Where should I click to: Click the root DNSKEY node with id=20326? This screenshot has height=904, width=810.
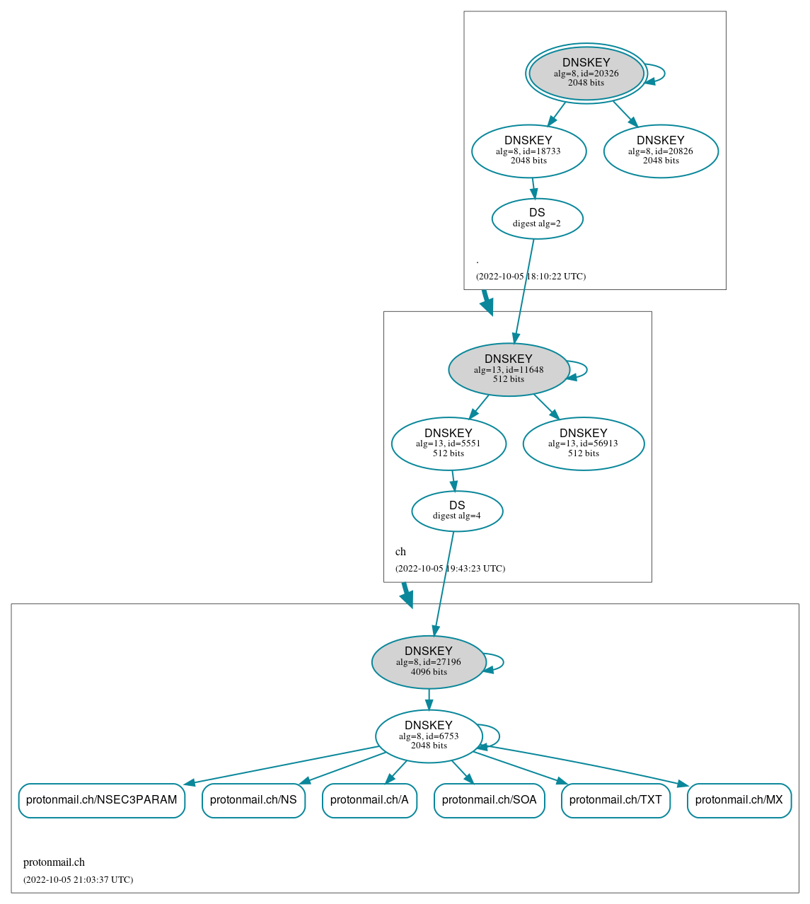click(586, 73)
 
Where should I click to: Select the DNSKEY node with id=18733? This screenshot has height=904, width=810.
click(528, 151)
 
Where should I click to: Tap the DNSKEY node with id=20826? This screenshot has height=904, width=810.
click(661, 151)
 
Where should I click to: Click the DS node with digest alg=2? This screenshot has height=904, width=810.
click(537, 219)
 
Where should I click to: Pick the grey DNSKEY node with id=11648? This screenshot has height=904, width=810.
click(509, 369)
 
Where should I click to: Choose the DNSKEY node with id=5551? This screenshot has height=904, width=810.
click(449, 444)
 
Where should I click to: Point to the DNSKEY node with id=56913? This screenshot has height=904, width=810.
click(583, 444)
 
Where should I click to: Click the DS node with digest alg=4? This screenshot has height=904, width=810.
click(457, 511)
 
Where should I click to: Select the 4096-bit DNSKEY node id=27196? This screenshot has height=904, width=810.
click(429, 662)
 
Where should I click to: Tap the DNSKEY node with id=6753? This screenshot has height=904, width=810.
click(429, 736)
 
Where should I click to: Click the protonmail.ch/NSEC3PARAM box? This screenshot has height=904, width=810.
click(102, 800)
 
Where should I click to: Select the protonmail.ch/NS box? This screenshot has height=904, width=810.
click(253, 800)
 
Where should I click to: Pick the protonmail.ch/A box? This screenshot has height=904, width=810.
click(369, 800)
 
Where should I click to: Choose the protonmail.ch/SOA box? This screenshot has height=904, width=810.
click(489, 800)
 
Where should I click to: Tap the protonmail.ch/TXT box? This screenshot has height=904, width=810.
click(615, 800)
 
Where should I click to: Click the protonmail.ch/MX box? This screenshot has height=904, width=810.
click(739, 800)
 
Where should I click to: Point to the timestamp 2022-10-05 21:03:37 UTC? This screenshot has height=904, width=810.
click(78, 880)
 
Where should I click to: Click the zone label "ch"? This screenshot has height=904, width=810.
click(400, 552)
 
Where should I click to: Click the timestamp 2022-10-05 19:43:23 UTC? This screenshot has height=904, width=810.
click(450, 569)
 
